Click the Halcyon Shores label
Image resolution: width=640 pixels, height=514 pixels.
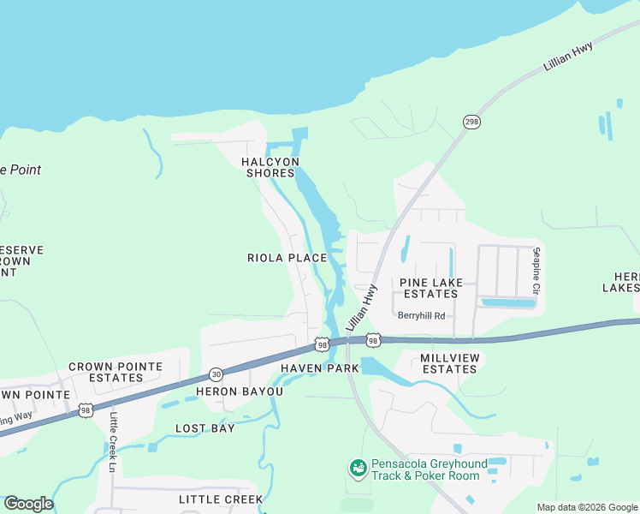tap(270, 167)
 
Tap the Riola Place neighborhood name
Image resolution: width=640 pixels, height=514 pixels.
tap(287, 258)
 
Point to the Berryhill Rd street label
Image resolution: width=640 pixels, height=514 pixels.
tap(421, 315)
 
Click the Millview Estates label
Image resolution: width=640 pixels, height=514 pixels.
tap(448, 363)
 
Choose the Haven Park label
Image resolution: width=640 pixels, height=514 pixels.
tap(319, 368)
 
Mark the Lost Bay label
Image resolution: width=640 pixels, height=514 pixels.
tap(204, 428)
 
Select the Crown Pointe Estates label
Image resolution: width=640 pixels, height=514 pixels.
tap(116, 372)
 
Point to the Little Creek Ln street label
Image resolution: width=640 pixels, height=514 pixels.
tap(114, 440)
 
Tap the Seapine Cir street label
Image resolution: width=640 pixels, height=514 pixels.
tap(536, 270)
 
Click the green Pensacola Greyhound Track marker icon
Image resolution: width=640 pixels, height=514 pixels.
tap(358, 469)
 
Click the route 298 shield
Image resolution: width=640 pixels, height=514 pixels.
tap(471, 122)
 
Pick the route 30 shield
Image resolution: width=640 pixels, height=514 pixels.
tap(216, 375)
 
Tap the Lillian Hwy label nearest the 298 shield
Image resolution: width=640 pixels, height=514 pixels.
tap(568, 57)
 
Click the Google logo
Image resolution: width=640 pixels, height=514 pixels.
tap(28, 504)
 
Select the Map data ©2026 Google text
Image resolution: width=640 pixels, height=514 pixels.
tap(586, 507)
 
